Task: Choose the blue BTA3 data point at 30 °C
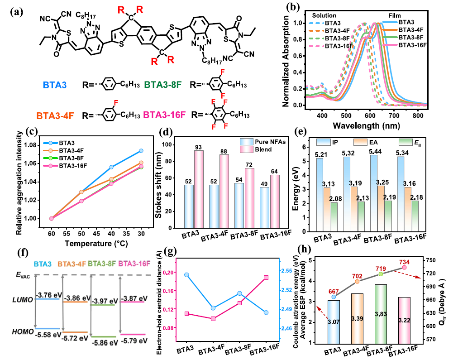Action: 141,151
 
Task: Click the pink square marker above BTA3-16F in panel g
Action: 266,278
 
